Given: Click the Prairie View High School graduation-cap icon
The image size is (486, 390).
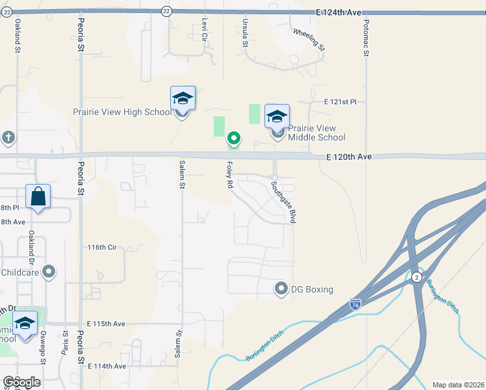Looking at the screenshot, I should (183, 99).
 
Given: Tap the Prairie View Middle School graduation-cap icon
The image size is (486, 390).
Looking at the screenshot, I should (277, 117).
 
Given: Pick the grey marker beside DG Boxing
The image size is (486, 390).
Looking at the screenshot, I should (281, 288).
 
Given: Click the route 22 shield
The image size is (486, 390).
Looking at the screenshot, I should (166, 11).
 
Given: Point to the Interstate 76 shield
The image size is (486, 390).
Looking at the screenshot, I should (355, 304).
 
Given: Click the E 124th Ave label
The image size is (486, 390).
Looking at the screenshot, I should (339, 12).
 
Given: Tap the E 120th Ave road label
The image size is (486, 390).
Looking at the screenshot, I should (350, 157).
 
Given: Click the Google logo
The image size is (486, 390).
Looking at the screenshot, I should (21, 382).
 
